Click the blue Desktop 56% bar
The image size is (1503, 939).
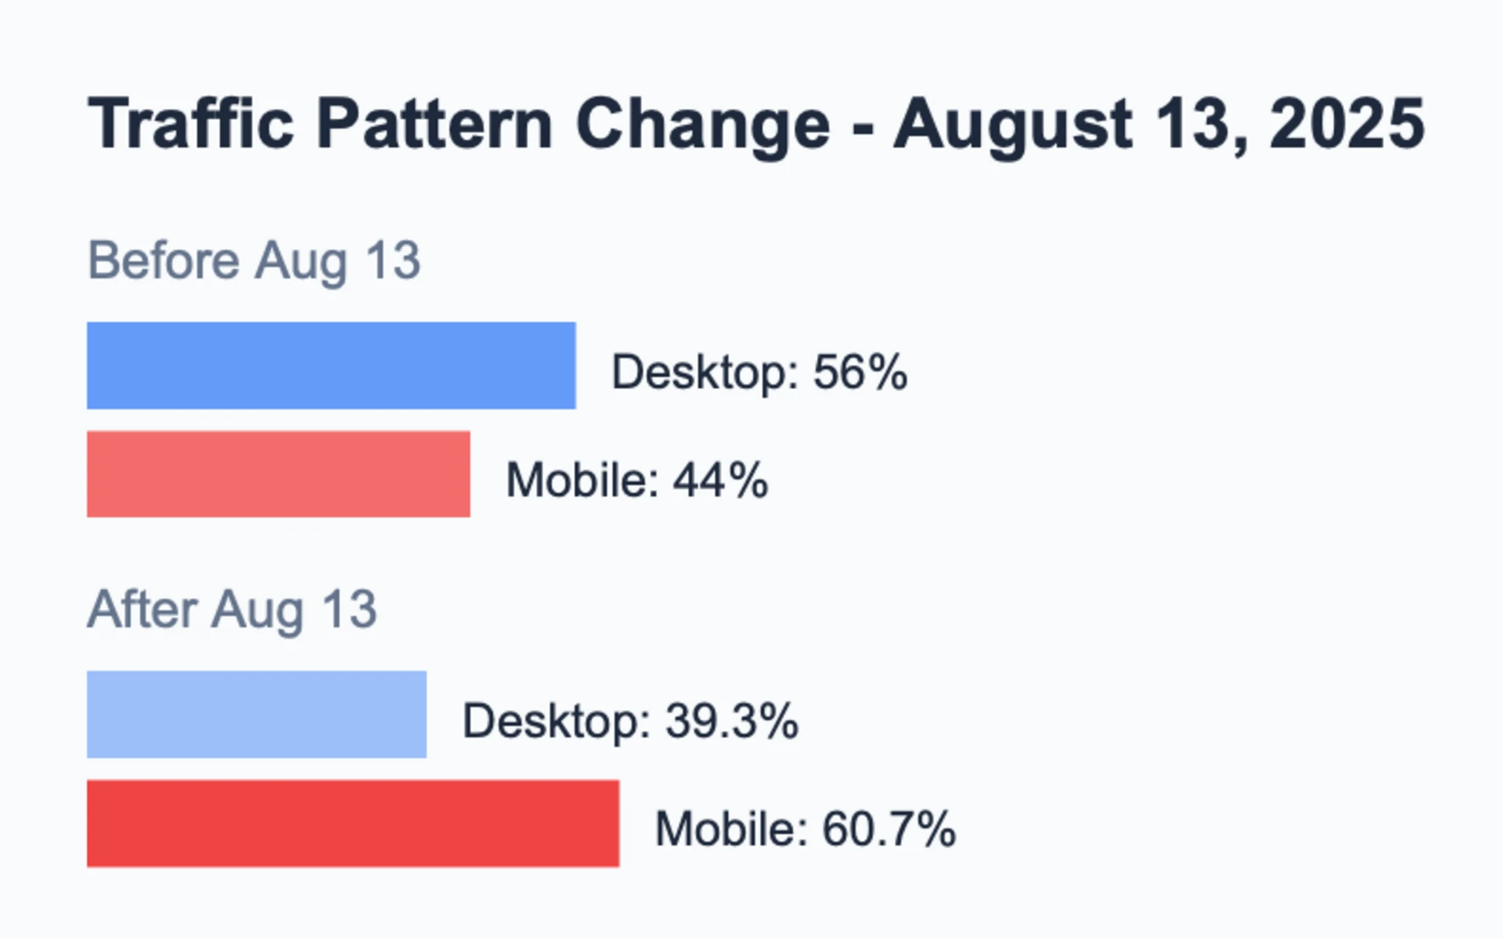point(331,365)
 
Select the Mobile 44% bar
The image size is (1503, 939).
point(279,474)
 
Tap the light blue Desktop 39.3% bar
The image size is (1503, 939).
point(257,714)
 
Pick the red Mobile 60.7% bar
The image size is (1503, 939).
point(353,823)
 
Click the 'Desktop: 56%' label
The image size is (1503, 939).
point(759,372)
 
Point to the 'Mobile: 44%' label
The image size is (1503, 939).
point(637,480)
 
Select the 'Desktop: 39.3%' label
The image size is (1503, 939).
point(630,721)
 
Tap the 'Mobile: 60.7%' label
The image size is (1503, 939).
point(806,829)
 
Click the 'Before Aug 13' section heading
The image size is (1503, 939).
point(254,261)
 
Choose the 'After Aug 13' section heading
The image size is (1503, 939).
point(232,610)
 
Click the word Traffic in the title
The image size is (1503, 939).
point(191,124)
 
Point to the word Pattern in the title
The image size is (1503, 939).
point(435,124)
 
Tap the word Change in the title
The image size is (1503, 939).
point(703,125)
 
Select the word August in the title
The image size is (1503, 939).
point(1013,125)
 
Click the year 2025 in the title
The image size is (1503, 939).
point(1347,124)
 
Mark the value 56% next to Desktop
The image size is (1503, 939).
point(860,372)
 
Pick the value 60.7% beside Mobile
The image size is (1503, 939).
point(889,829)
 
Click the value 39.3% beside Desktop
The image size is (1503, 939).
point(732,721)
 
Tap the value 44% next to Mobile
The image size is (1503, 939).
point(720,480)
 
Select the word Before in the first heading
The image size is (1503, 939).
point(164,260)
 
